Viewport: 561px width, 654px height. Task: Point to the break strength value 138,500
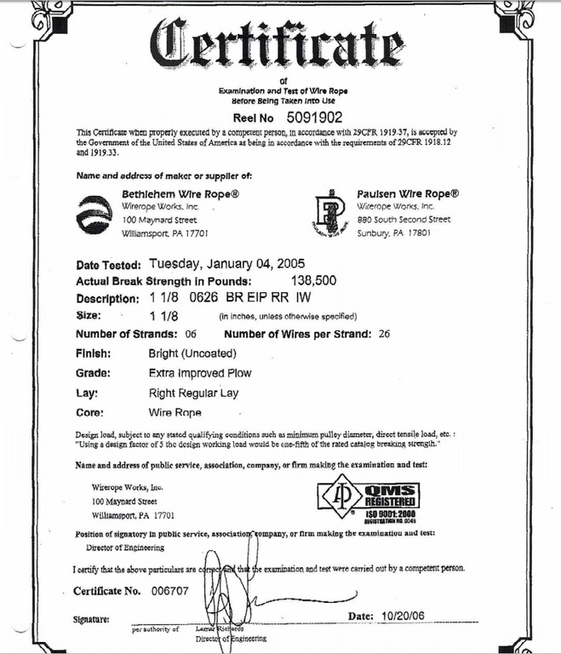coord(314,280)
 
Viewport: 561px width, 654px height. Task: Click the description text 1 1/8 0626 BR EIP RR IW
coord(228,298)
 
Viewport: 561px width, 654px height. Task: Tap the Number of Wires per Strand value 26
coord(384,333)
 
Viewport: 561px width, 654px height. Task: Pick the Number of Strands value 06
coord(190,333)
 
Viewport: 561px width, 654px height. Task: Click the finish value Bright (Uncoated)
coord(192,353)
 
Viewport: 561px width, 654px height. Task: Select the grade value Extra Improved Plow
coord(199,373)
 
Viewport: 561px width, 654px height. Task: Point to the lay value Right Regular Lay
coord(192,393)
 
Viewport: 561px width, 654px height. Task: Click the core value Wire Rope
coord(175,413)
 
